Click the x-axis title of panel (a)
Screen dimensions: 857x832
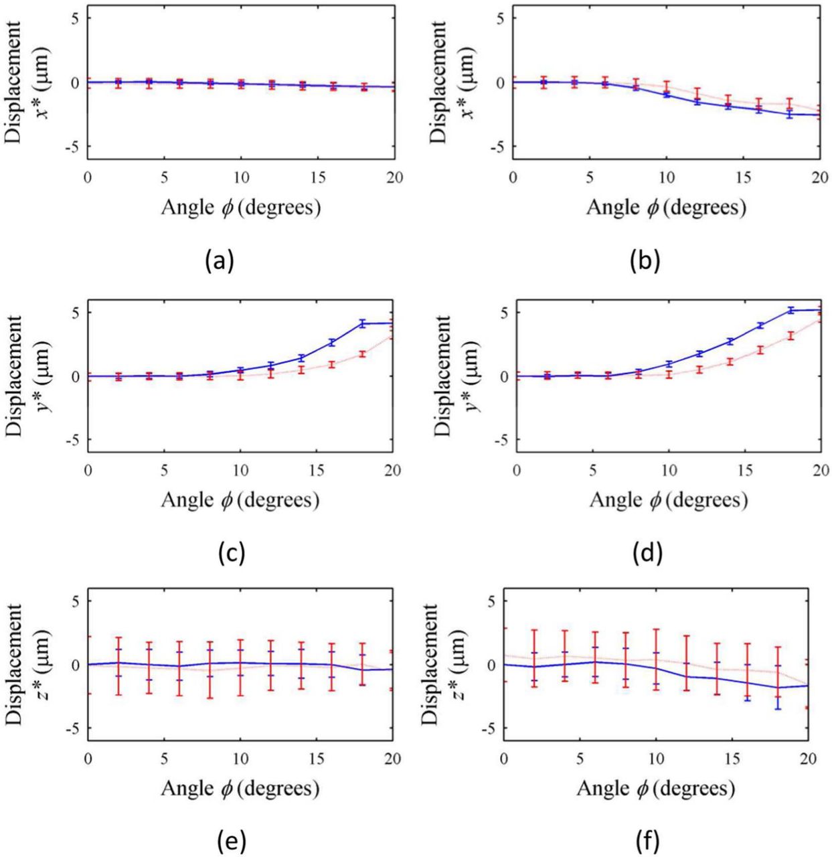tap(240, 208)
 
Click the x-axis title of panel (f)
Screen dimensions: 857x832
tap(655, 789)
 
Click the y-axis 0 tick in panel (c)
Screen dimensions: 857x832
tap(76, 376)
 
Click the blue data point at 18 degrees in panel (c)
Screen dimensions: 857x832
tap(362, 324)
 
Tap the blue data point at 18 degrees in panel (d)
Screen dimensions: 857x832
tap(790, 310)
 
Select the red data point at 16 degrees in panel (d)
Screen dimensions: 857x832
tap(760, 349)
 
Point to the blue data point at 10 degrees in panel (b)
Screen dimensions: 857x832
tap(665, 94)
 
